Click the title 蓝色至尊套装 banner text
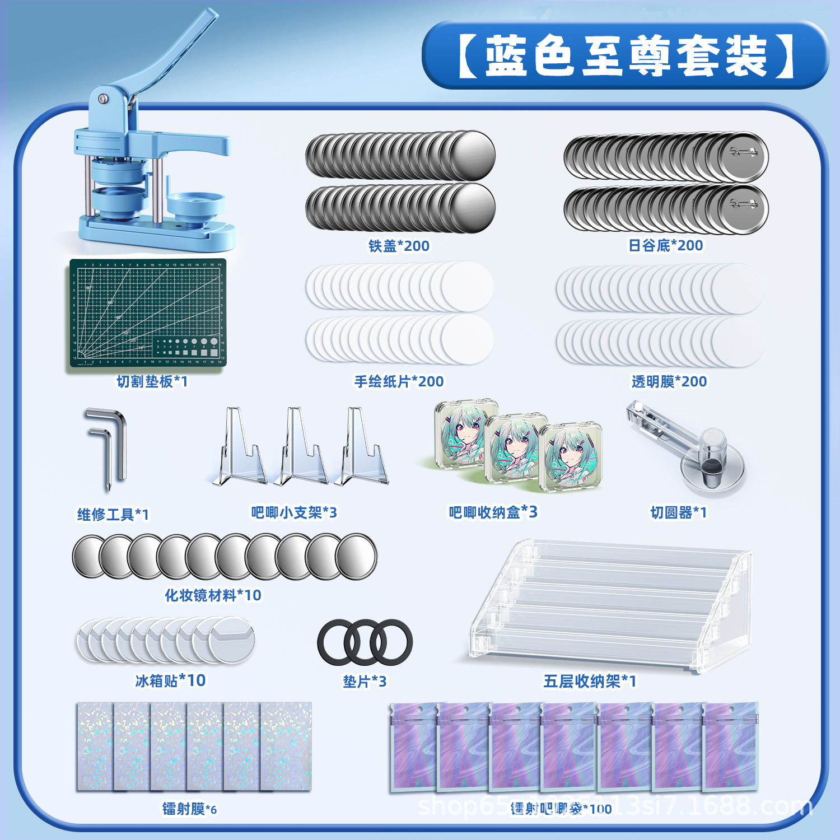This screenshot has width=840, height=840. pyautogui.click(x=626, y=56)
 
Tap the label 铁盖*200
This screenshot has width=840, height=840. pyautogui.click(x=399, y=246)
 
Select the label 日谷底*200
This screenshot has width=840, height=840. pyautogui.click(x=665, y=245)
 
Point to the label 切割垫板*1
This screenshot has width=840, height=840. pyautogui.click(x=152, y=381)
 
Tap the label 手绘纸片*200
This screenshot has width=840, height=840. pyautogui.click(x=399, y=381)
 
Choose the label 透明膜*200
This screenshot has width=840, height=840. pyautogui.click(x=669, y=381)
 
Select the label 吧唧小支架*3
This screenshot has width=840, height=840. pyautogui.click(x=293, y=512)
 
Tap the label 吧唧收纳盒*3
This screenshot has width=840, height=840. pyautogui.click(x=493, y=512)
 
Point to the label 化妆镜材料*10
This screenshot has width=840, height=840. pyautogui.click(x=213, y=595)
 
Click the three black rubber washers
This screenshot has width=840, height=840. pyautogui.click(x=365, y=642)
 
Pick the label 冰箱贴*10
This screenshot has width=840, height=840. pyautogui.click(x=170, y=680)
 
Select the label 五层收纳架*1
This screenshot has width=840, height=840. pyautogui.click(x=590, y=681)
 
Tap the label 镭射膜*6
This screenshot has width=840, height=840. pyautogui.click(x=189, y=809)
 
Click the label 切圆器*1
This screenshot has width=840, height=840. pyautogui.click(x=678, y=512)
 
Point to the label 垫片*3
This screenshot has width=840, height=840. pyautogui.click(x=365, y=682)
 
